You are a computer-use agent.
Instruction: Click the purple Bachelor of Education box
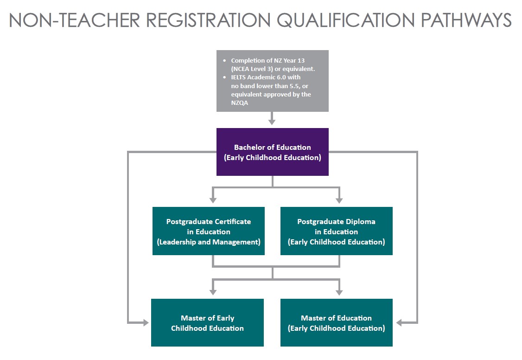click(x=272, y=152)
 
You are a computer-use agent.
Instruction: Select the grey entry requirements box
click(x=272, y=81)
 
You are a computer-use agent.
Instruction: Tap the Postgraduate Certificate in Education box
click(x=208, y=231)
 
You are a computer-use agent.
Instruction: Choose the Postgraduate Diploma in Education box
click(x=336, y=231)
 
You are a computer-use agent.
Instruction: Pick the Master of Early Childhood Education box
click(x=207, y=322)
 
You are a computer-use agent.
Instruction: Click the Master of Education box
click(x=336, y=322)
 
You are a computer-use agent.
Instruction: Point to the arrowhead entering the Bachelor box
click(x=272, y=122)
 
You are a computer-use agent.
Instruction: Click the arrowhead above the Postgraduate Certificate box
click(x=213, y=199)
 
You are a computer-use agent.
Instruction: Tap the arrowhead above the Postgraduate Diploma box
click(x=339, y=199)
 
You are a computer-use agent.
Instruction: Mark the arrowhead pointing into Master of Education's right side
click(x=400, y=322)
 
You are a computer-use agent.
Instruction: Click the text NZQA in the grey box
click(x=239, y=103)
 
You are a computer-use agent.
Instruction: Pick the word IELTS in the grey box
click(x=240, y=77)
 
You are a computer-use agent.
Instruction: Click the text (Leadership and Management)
click(x=208, y=242)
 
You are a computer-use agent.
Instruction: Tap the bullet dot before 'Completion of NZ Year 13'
click(x=225, y=61)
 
